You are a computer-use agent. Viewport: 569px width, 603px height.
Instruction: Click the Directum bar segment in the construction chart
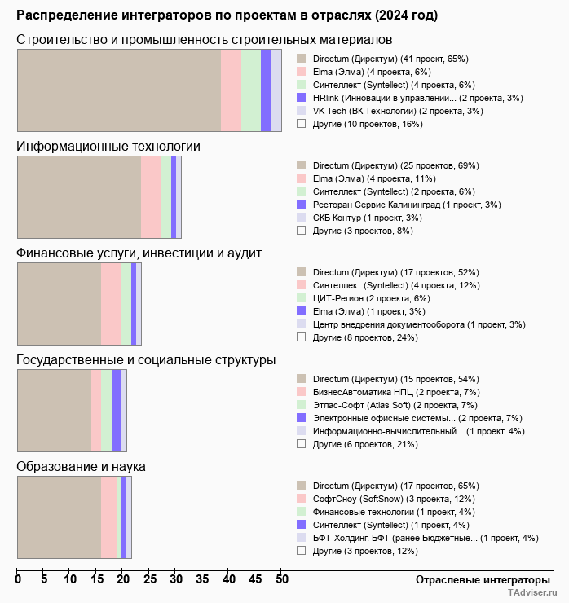point(119,90)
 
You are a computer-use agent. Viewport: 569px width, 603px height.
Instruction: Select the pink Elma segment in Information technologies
point(151,197)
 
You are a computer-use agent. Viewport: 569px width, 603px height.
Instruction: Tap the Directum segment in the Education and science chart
point(59,517)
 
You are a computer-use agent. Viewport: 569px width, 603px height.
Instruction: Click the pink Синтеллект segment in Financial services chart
point(111,304)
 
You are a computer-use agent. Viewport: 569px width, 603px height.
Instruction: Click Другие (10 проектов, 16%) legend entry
point(368,124)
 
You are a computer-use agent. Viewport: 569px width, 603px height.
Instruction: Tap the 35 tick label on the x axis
point(203,580)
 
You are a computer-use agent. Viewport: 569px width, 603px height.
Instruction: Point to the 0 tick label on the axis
point(18,580)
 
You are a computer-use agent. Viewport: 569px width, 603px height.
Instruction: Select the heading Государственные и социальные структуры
point(146,360)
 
